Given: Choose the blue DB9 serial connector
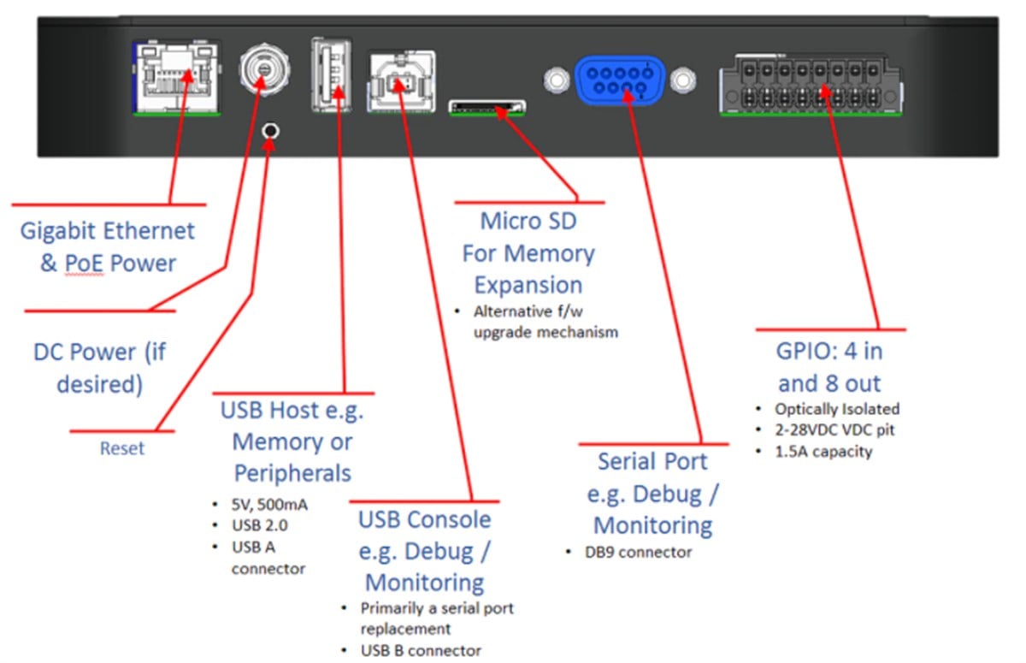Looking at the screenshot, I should tap(620, 80).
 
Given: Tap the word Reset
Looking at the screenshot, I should tap(122, 448).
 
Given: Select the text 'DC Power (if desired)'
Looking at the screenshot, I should tap(99, 368).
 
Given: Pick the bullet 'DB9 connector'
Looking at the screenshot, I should tap(638, 553).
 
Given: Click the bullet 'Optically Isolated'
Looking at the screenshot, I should tap(836, 409).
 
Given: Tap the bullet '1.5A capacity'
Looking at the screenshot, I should tap(823, 451).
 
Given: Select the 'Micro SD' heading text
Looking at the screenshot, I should tap(528, 222).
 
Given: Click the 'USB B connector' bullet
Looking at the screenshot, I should tap(421, 651).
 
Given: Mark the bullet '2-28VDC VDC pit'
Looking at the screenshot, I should tap(834, 430).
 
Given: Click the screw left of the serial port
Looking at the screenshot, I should tap(556, 81).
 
